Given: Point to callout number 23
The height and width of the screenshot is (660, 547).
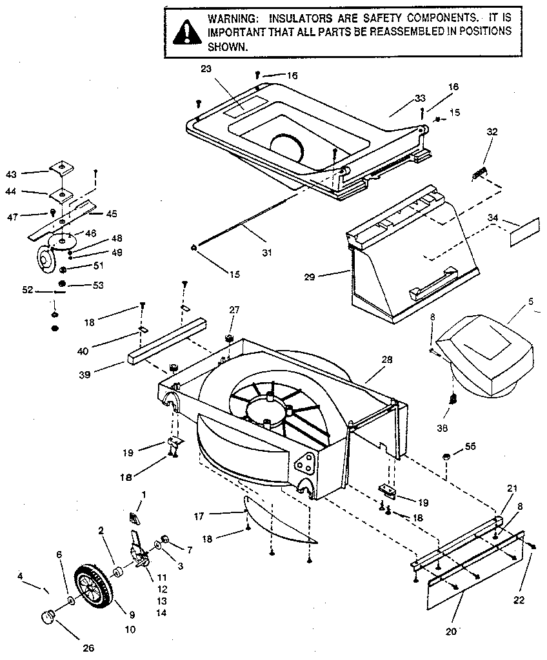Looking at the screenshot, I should click(x=206, y=68).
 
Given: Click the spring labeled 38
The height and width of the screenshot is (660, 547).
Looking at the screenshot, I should click(x=453, y=399).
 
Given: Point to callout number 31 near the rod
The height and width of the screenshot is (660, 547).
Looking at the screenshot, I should click(x=266, y=251).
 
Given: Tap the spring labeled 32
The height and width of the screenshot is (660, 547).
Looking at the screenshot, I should click(x=479, y=173).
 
